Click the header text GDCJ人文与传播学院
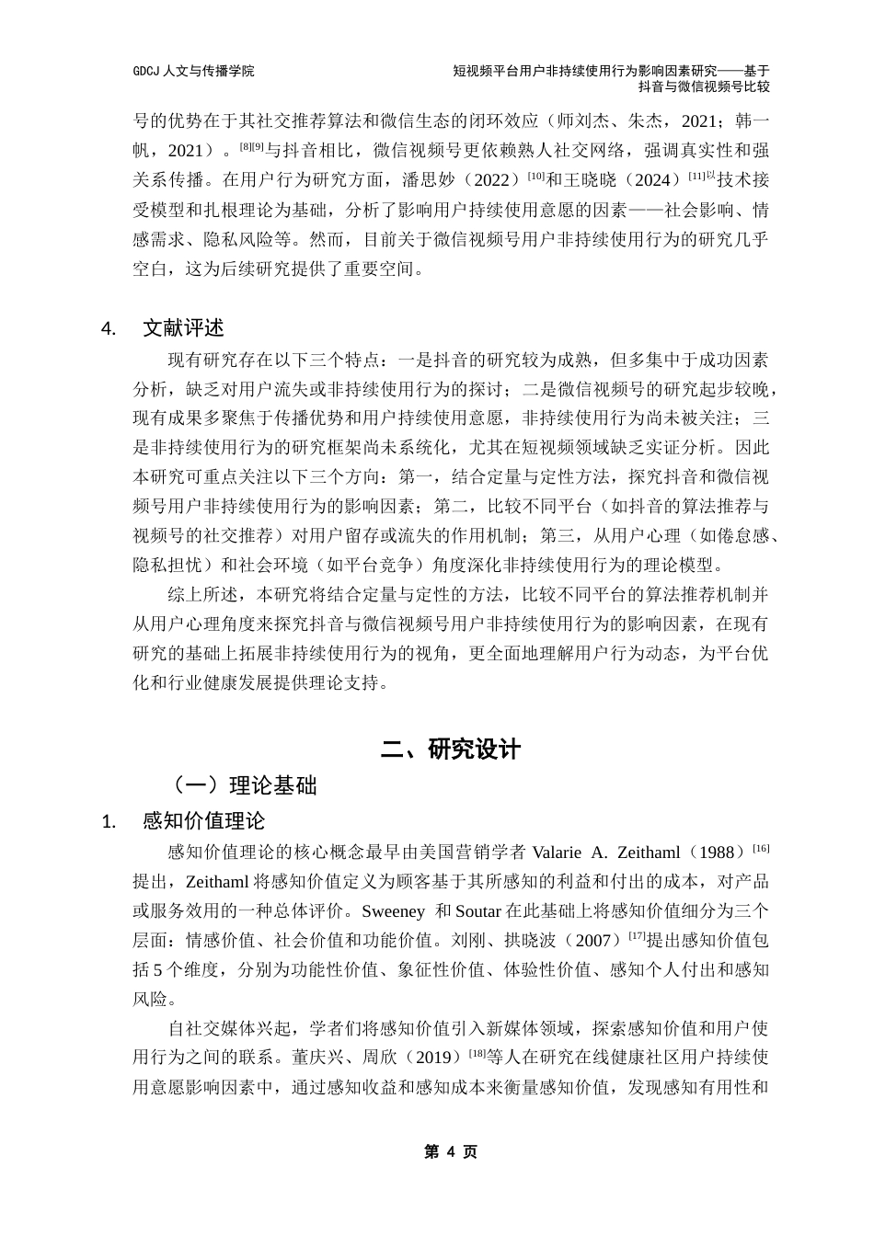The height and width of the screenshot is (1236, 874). [x=193, y=70]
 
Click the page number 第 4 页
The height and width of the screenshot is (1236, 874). [x=451, y=1151]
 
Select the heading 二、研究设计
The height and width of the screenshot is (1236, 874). [x=451, y=750]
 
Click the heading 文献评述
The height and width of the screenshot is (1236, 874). [x=183, y=328]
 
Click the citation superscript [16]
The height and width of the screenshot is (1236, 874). [x=761, y=847]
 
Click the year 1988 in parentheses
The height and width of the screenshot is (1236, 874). [x=718, y=852]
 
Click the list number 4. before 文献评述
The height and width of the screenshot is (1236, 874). [x=109, y=329]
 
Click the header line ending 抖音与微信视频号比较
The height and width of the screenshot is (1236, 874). [x=704, y=86]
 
